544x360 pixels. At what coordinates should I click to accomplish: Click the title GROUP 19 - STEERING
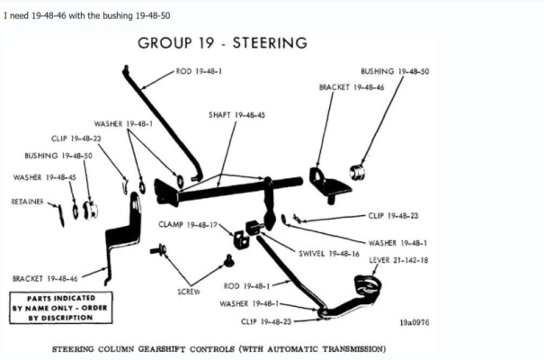coord(223,42)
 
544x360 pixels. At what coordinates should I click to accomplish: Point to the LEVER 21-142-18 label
coord(398,260)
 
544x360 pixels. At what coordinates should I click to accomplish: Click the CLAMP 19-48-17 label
coord(190,223)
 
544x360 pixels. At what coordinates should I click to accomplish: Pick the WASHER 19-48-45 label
coord(45,177)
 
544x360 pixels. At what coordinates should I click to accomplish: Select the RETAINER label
coord(28,202)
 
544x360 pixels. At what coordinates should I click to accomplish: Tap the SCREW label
coord(189,292)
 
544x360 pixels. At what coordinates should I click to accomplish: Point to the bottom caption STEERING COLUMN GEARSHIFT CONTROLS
coord(219,346)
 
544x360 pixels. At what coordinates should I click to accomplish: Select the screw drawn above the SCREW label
coord(229,260)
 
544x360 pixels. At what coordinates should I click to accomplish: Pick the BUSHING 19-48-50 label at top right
coord(394,70)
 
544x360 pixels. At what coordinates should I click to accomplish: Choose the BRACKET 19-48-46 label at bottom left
coord(45,278)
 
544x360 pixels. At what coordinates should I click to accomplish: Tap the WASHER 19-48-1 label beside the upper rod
coord(123,123)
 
